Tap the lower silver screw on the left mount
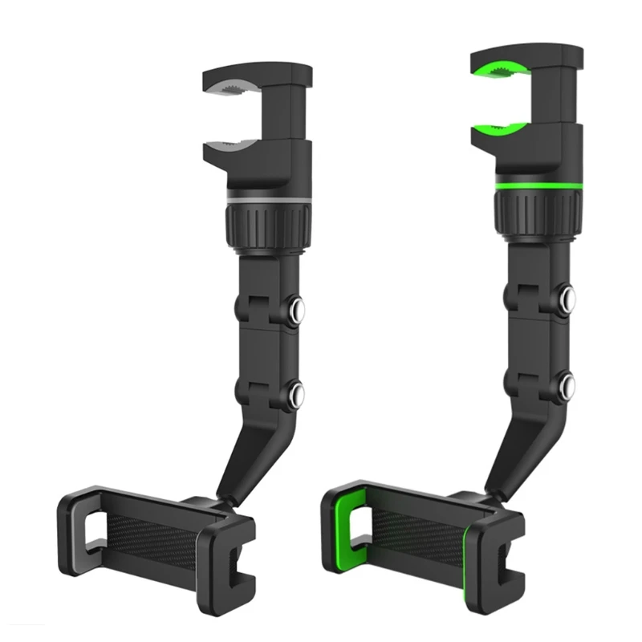(298, 393)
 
